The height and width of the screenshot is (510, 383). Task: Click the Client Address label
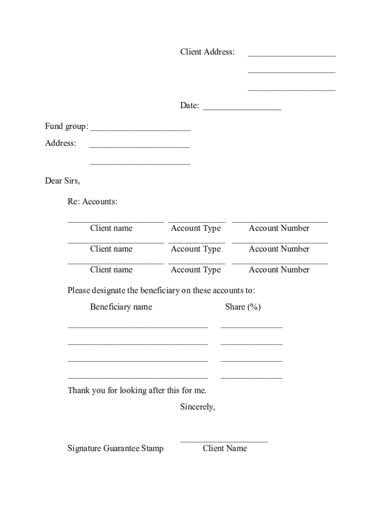coord(207,52)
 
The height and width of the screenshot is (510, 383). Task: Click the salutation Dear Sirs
coord(62,181)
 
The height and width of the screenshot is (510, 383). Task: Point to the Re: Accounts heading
coord(93,202)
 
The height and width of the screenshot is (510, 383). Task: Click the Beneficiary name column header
coord(121,307)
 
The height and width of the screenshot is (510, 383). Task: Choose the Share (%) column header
coord(243,307)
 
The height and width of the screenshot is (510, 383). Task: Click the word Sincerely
coord(197,407)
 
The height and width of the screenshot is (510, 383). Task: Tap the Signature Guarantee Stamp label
coord(115,448)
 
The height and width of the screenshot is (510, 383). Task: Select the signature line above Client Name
coord(224,441)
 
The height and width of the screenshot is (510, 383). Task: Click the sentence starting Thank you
coord(137,390)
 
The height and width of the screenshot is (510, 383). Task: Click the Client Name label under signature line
coord(225,448)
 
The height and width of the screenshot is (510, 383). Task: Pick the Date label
coord(190,106)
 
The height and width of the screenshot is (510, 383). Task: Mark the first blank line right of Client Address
coord(291,55)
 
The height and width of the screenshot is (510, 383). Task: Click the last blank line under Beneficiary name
coord(137,378)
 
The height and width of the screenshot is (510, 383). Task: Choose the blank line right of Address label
coord(139,146)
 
